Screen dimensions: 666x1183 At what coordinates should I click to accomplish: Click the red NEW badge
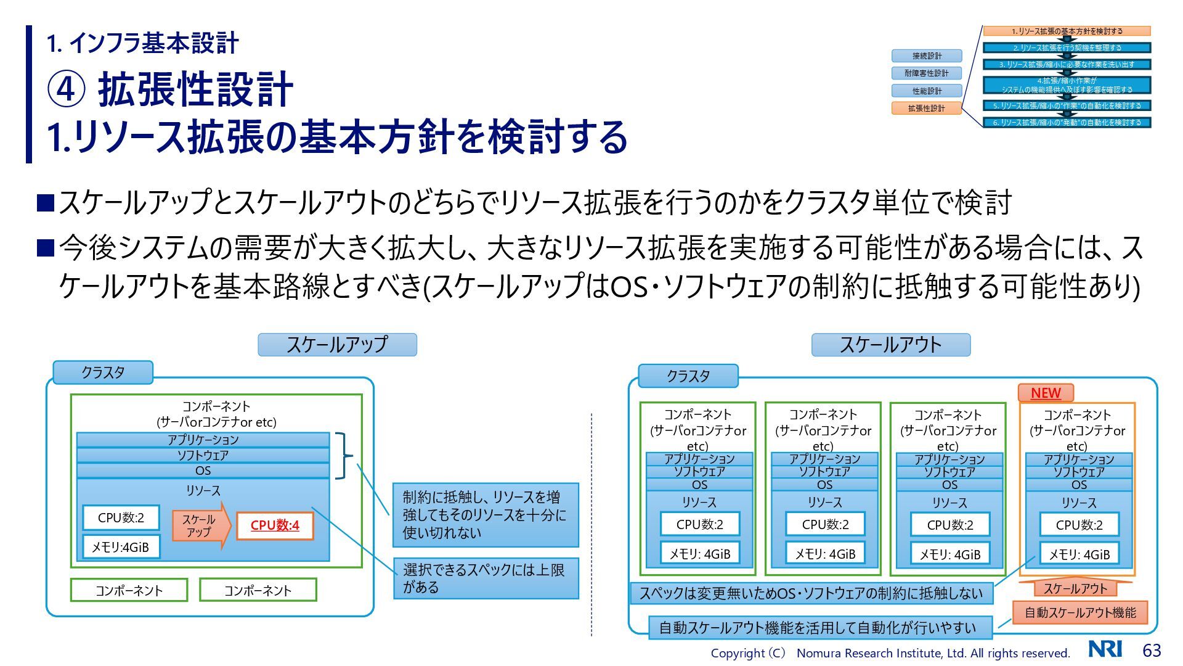click(1046, 393)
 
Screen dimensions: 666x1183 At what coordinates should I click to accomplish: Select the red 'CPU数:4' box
click(275, 525)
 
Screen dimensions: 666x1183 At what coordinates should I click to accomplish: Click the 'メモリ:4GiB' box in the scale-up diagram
click(121, 547)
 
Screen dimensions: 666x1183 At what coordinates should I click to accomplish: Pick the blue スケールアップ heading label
click(337, 345)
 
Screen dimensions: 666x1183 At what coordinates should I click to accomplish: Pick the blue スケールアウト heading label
click(890, 345)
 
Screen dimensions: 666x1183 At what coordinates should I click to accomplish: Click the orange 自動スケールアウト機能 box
click(1079, 612)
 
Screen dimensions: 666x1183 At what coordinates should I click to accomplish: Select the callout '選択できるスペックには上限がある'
click(486, 578)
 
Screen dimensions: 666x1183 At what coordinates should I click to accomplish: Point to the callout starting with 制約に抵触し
click(486, 515)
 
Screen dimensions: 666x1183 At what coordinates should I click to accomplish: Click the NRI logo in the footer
click(1105, 649)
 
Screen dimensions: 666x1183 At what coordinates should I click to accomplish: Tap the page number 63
click(1152, 651)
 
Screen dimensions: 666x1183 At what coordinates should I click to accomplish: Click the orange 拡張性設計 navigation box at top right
click(926, 109)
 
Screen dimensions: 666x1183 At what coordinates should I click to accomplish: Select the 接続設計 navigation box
click(926, 56)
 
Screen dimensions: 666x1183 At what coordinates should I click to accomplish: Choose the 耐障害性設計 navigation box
click(926, 73)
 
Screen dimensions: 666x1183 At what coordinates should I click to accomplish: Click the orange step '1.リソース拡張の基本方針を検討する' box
click(1067, 31)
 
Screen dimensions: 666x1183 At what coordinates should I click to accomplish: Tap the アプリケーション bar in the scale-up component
click(203, 440)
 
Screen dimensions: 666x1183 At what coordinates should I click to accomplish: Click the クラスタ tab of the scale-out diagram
click(688, 376)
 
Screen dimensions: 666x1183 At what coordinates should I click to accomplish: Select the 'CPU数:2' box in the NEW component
click(1079, 525)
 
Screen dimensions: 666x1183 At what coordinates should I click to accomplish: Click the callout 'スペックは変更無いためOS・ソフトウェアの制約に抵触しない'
click(811, 593)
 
